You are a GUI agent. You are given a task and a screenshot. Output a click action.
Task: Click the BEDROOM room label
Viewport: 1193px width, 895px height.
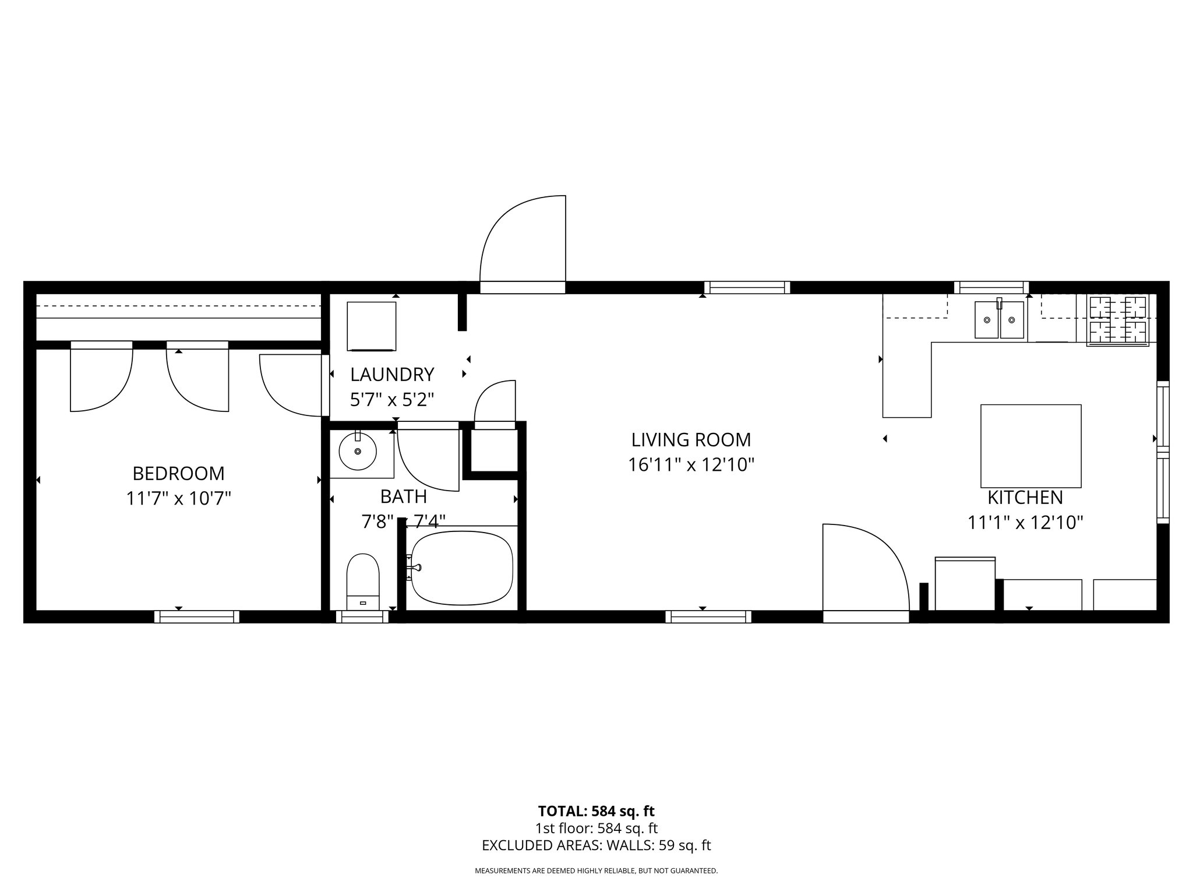point(178,473)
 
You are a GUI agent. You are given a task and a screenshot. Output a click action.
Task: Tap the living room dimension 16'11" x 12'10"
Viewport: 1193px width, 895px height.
point(691,465)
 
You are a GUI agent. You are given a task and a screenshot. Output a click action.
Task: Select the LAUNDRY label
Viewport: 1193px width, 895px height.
point(392,373)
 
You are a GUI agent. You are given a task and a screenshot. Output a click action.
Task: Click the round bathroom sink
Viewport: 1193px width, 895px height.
point(358,452)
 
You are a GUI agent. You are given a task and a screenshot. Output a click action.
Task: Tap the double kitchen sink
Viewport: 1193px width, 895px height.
point(1000,320)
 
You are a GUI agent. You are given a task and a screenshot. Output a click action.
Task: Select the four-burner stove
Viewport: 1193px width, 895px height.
point(1118,320)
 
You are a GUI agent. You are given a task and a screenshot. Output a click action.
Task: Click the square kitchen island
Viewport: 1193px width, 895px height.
point(1030,446)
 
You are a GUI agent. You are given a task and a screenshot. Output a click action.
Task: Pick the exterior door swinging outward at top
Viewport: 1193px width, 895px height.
point(523,245)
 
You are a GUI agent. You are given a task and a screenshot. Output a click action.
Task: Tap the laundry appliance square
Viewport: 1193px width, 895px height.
point(372,326)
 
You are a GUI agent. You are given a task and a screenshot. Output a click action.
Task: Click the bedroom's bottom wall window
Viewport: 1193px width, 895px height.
point(197,616)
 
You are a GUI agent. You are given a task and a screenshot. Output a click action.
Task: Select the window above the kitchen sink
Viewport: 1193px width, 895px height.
point(991,287)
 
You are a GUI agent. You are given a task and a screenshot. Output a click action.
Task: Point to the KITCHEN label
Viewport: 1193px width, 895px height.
point(1025,498)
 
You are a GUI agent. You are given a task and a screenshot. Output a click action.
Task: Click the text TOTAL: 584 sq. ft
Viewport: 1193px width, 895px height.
point(596,811)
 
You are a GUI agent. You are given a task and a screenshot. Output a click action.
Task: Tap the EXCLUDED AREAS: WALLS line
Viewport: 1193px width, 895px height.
point(596,845)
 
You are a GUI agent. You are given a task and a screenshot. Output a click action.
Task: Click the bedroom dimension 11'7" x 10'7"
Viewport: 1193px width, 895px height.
point(178,499)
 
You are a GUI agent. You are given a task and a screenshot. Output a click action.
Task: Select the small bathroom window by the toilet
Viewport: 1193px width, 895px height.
point(362,616)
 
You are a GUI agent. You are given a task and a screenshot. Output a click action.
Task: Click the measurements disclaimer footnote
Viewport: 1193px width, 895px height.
point(596,871)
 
